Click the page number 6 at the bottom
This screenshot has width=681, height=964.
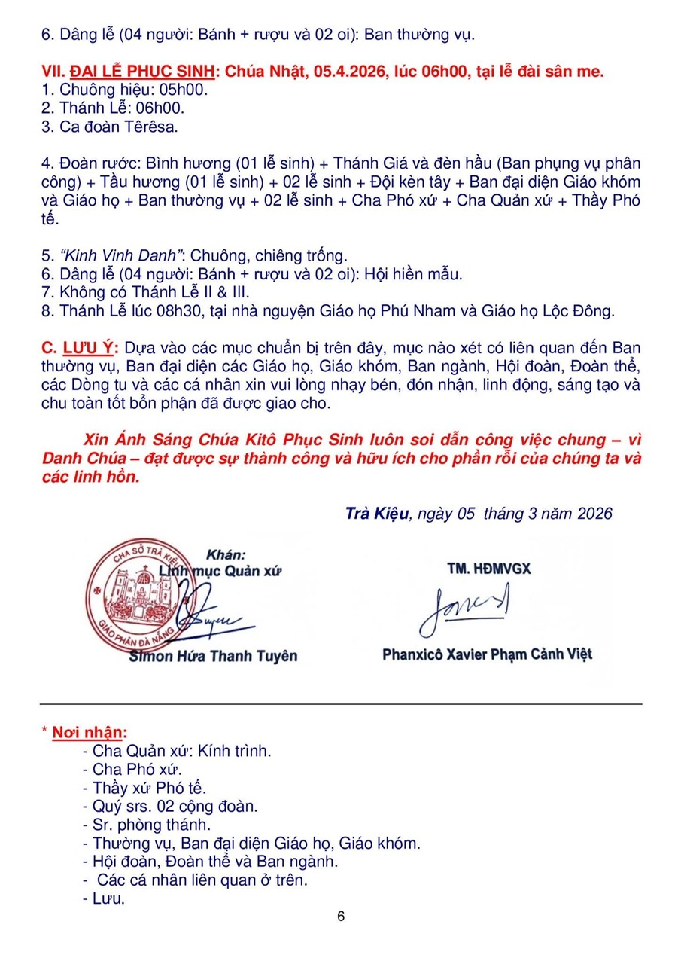pyautogui.click(x=341, y=917)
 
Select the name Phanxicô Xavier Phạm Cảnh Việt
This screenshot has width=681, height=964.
pyautogui.click(x=487, y=654)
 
